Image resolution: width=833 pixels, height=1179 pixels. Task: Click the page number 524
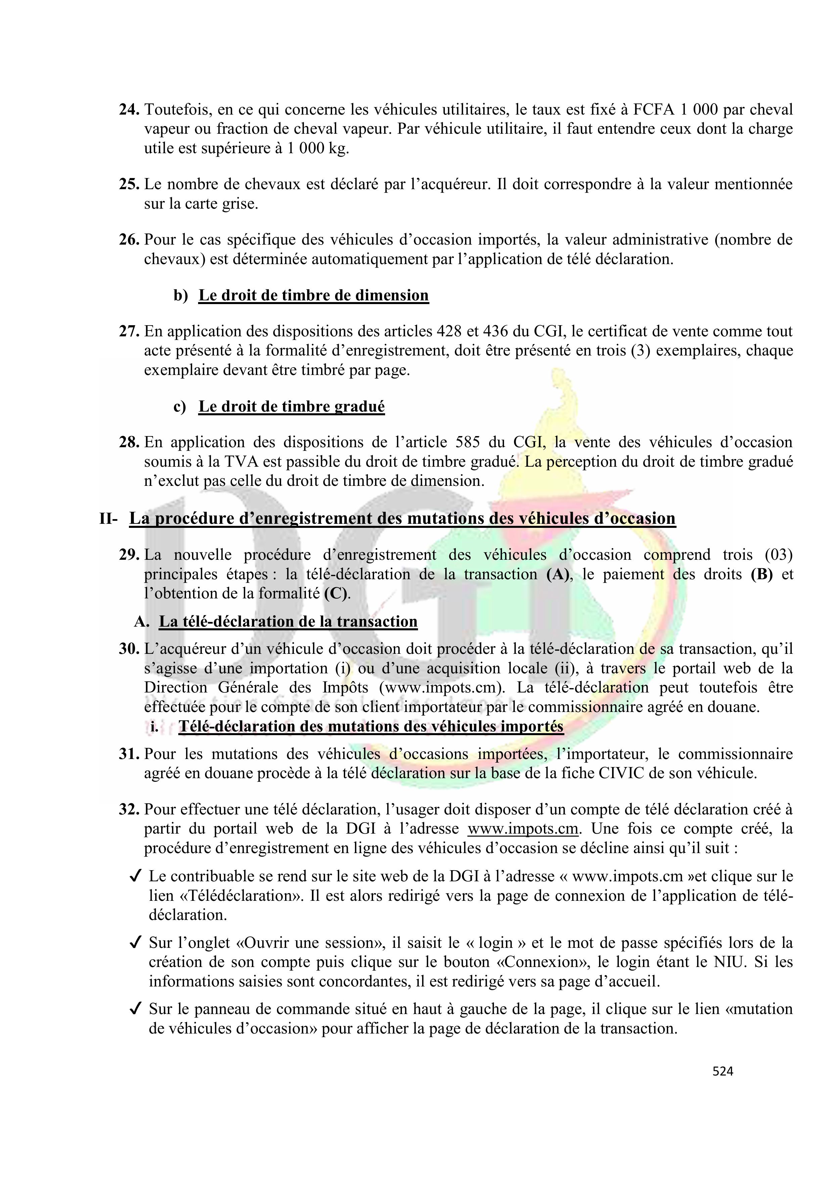723,1071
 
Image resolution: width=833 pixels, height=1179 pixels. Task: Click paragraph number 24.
129,110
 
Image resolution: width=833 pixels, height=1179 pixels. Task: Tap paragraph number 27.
129,331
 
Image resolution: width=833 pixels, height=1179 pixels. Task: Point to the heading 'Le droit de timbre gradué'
291,406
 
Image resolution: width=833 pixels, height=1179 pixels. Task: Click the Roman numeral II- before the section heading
108,519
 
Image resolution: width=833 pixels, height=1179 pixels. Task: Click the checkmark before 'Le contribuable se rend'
136,877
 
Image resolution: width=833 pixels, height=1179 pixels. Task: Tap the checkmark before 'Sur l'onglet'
136,943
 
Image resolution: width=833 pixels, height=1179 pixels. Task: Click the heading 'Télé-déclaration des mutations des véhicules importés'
371,727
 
